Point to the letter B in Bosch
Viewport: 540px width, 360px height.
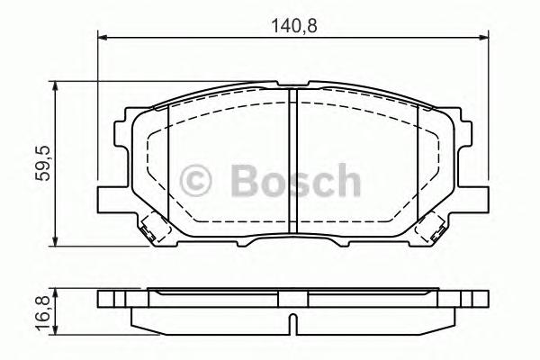(244, 180)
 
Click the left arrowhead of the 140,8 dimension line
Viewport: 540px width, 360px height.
(102, 37)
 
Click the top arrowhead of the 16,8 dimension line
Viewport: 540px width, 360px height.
(57, 292)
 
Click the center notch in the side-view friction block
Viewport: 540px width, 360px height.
(292, 319)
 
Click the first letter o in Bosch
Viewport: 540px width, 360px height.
(277, 184)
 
